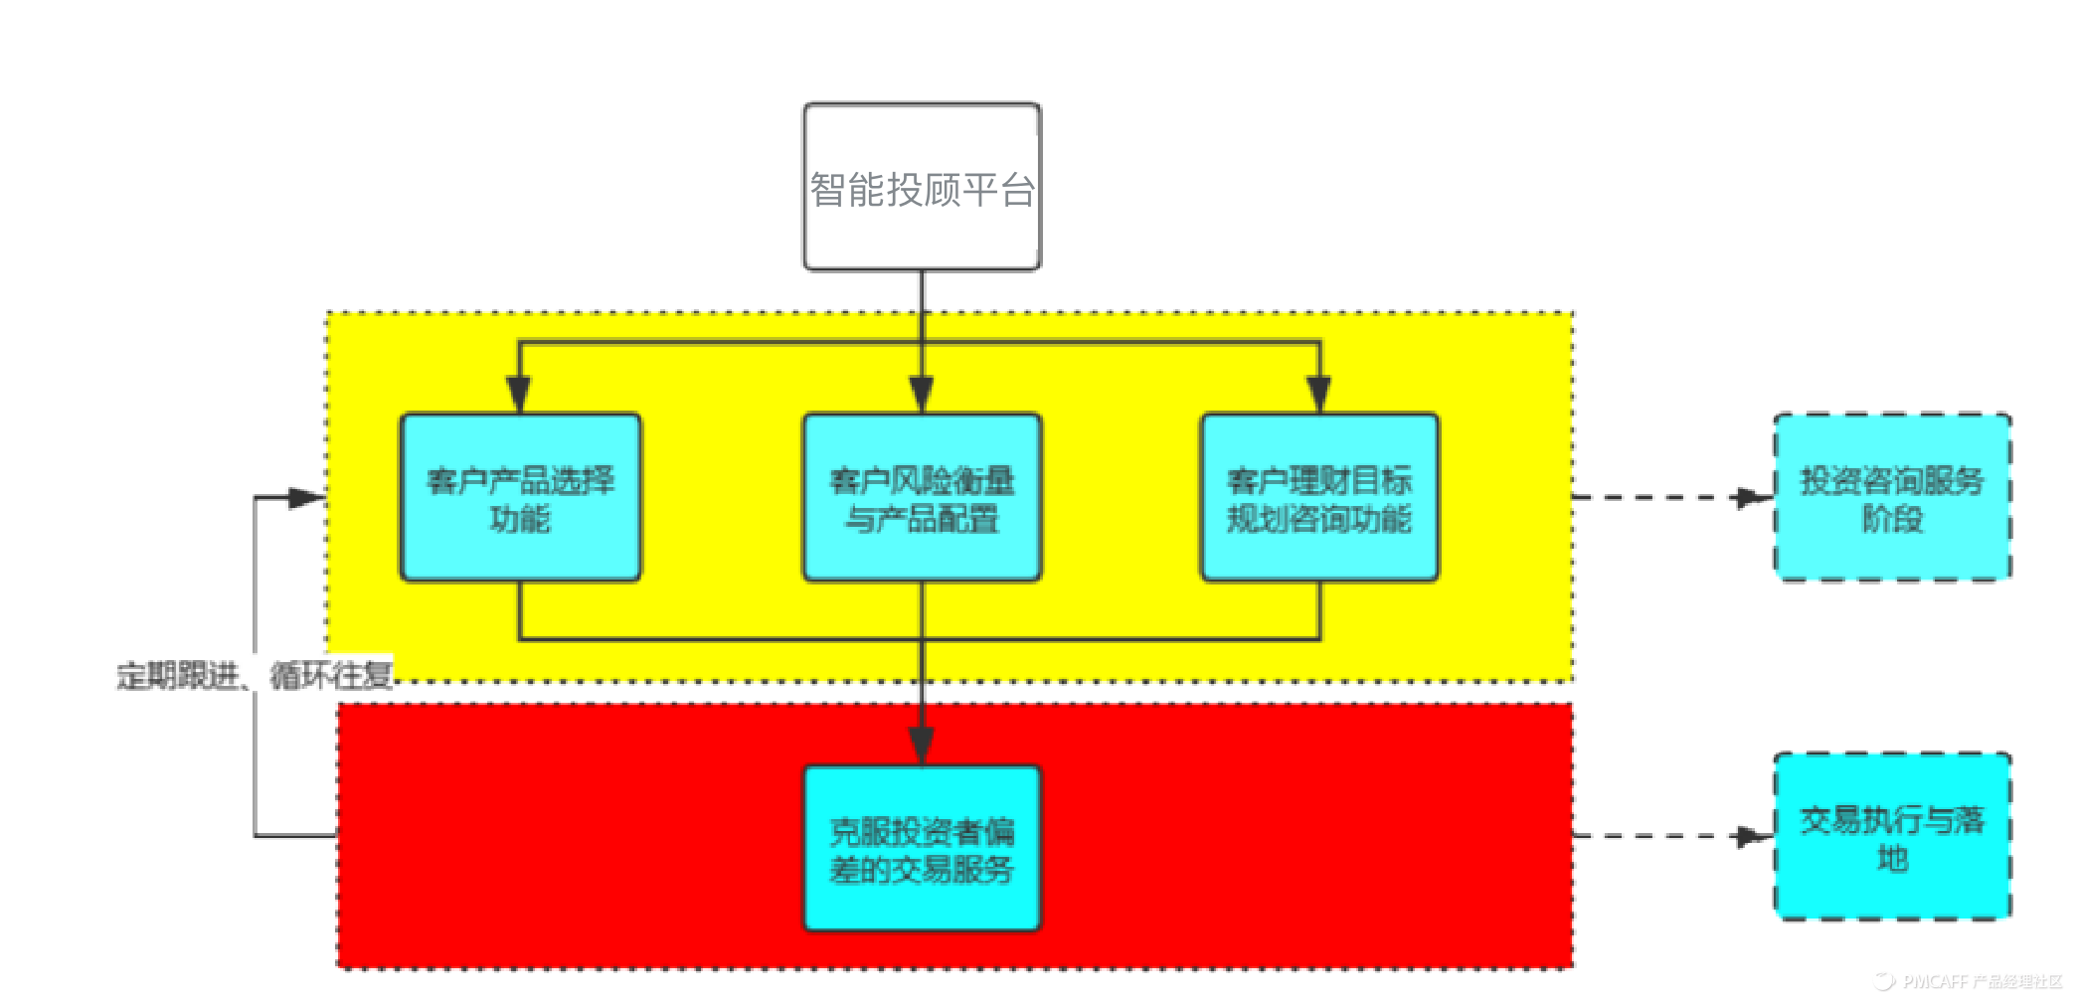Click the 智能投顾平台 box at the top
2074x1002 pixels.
[922, 187]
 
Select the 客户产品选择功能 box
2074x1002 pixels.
[520, 497]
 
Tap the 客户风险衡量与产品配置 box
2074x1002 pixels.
[922, 497]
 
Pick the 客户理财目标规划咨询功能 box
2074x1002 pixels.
[1319, 497]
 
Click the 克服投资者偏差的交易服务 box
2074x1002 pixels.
[922, 848]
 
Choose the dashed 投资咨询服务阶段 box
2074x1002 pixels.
[1892, 497]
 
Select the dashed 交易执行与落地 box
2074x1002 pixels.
[1892, 836]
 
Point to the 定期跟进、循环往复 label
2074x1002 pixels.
[255, 676]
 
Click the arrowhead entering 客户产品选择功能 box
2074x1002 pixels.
[519, 395]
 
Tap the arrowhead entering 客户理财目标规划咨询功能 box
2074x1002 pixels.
[1319, 395]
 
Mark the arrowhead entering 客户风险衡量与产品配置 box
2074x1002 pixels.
[922, 395]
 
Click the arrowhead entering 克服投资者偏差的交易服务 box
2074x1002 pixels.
[922, 746]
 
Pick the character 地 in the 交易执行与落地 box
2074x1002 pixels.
[1892, 857]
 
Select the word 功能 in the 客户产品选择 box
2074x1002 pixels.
[520, 518]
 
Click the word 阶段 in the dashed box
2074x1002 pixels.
[1892, 518]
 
